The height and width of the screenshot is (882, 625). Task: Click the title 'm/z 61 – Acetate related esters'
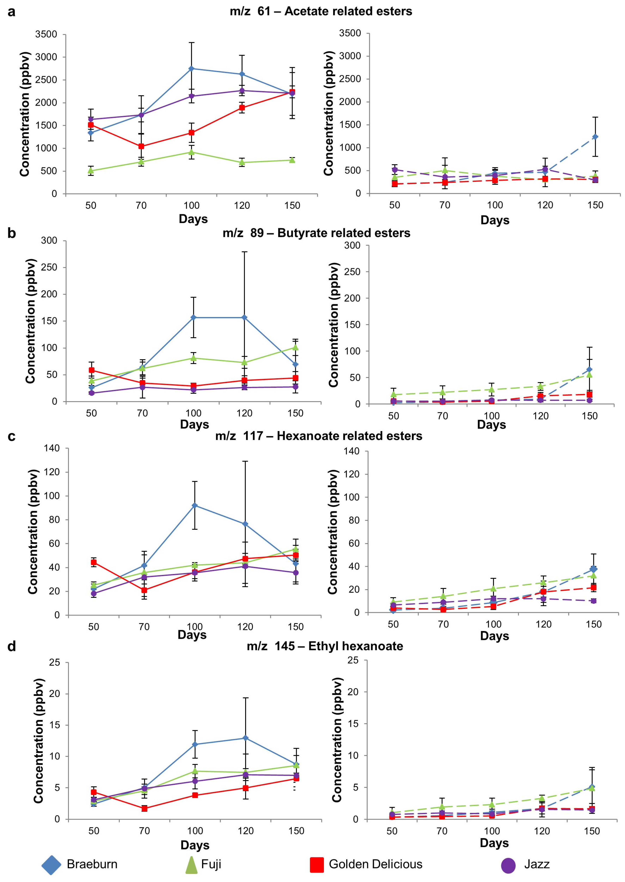coord(321,11)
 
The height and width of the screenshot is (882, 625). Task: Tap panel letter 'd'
coord(12,646)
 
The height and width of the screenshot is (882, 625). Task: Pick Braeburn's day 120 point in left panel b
coord(244,318)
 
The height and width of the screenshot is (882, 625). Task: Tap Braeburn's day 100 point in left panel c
coord(195,505)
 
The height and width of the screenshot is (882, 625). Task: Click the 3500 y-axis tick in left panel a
coord(46,34)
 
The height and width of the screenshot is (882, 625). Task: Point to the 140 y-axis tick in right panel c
coord(352,451)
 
